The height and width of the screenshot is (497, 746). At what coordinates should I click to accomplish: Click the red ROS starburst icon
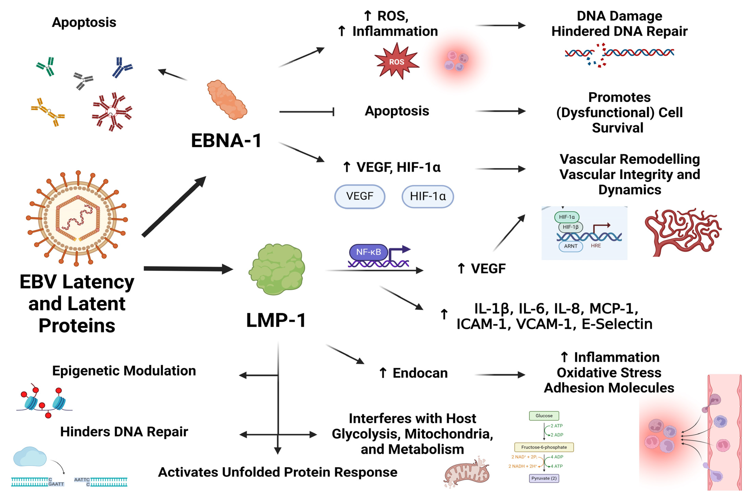point(396,62)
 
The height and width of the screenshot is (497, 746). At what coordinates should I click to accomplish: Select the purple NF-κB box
point(368,252)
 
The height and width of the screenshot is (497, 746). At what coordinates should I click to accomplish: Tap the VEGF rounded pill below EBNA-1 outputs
point(360,196)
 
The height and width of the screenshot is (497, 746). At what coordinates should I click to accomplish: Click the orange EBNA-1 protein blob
point(227,100)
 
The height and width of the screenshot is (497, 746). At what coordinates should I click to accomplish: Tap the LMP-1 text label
point(276,320)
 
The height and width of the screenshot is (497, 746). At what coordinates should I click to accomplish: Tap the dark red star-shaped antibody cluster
point(112,112)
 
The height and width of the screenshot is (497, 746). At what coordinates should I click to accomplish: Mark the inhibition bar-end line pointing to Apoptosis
point(306,112)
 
